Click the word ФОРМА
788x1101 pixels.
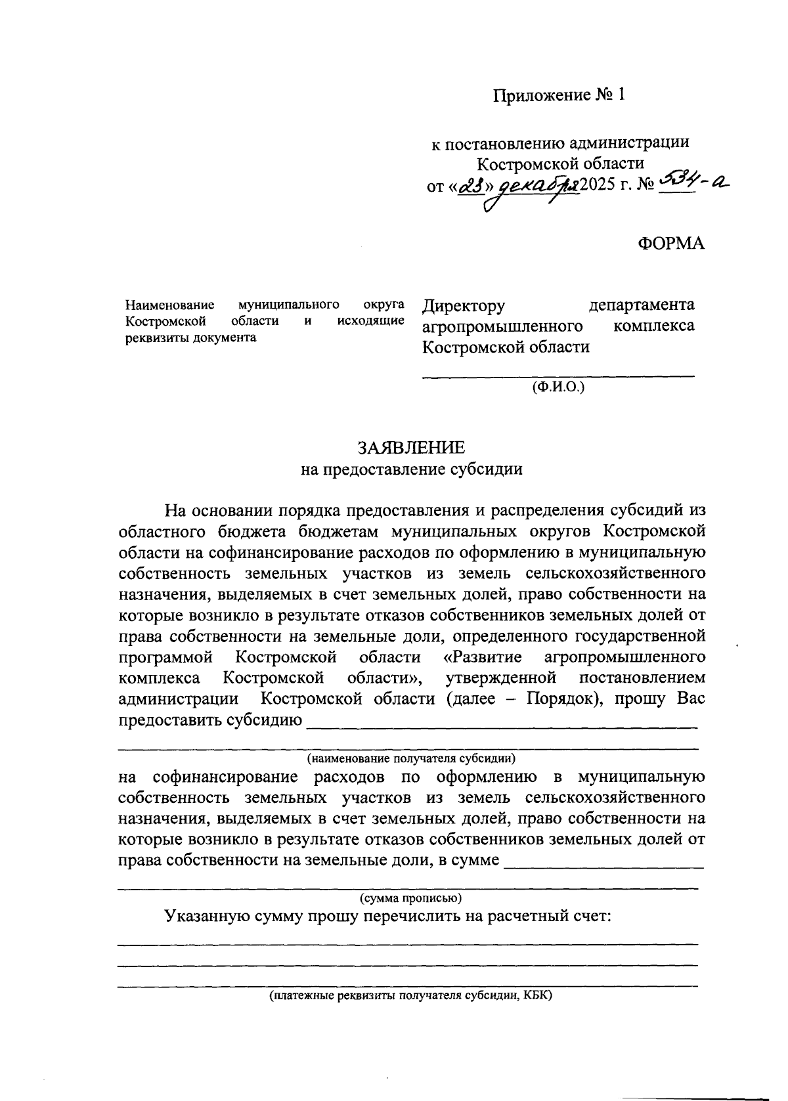point(670,243)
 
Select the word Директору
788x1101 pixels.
point(464,305)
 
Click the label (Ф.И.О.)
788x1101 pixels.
point(558,387)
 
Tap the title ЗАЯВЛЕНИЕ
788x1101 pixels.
point(411,448)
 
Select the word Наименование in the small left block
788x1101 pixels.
point(170,305)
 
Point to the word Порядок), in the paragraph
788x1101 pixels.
point(562,699)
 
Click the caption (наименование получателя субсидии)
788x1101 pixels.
point(411,758)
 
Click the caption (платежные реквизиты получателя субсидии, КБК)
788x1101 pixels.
point(411,996)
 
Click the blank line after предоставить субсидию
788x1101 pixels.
point(502,726)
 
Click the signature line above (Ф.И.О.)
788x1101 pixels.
point(558,376)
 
